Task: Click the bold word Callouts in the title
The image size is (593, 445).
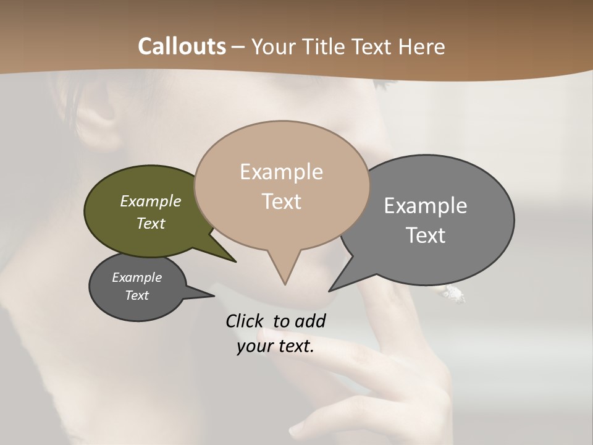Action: point(182,46)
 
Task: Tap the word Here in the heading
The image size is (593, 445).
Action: point(422,46)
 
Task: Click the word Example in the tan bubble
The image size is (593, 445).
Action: point(281,172)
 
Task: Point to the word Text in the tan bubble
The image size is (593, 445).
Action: point(281,201)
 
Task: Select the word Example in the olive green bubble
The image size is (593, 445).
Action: point(150,201)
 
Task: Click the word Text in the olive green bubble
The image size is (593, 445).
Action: point(150,223)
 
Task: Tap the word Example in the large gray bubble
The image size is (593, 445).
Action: point(426,206)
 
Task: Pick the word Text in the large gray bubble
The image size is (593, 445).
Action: point(426,235)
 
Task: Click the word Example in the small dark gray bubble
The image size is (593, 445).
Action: point(137,278)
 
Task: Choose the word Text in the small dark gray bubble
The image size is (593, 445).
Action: point(137,295)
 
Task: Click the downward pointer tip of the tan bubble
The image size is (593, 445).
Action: point(285,284)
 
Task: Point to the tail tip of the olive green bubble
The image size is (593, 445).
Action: point(235,261)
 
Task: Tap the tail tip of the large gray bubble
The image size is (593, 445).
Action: point(330,290)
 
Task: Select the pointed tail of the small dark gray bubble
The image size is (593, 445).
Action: point(212,295)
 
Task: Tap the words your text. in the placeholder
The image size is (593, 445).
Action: point(275,346)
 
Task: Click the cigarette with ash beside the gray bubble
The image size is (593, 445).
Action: point(453,295)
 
